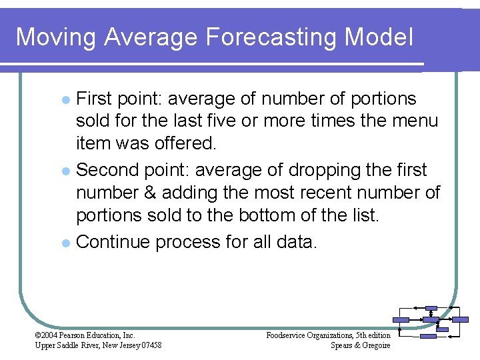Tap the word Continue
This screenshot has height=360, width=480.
pyautogui.click(x=113, y=241)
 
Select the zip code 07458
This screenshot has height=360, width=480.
pyautogui.click(x=148, y=345)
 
